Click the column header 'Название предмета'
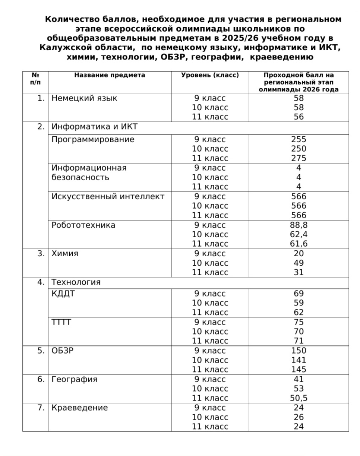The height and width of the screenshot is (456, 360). click(110, 75)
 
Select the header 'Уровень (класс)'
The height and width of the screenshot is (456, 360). click(210, 75)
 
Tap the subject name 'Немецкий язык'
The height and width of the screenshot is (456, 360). click(84, 98)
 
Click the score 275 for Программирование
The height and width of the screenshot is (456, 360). click(299, 158)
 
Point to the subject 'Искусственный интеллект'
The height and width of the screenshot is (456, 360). click(108, 197)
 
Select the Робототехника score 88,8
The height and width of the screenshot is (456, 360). click(299, 225)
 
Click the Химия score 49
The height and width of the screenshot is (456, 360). click(299, 263)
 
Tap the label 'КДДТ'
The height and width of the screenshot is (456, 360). click(63, 294)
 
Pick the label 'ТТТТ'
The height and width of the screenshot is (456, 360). click(61, 322)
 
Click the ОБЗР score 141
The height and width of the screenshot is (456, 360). click(299, 360)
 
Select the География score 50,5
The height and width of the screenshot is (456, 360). click(299, 398)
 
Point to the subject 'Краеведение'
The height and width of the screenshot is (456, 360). click(79, 408)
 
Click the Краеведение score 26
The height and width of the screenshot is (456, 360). click(299, 417)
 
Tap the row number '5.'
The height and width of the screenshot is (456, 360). click(41, 351)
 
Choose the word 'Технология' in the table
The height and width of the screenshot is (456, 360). click(76, 282)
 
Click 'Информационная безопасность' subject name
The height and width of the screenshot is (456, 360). click(89, 173)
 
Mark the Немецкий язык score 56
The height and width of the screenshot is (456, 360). click(299, 117)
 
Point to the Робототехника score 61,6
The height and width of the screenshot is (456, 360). click(299, 244)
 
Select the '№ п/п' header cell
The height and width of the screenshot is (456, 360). click(35, 79)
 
